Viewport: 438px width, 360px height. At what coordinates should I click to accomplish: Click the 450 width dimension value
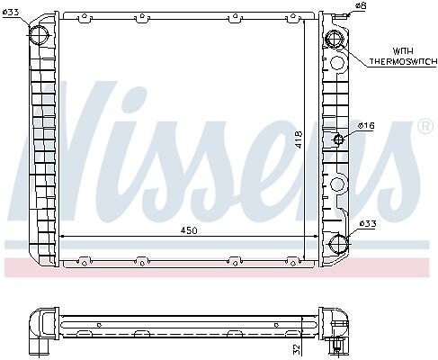pyautogui.click(x=189, y=230)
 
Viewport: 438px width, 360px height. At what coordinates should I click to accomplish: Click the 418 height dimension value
pyautogui.click(x=299, y=140)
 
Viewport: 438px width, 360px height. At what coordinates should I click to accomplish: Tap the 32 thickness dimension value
pyautogui.click(x=296, y=348)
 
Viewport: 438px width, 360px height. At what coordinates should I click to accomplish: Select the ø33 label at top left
pyautogui.click(x=11, y=13)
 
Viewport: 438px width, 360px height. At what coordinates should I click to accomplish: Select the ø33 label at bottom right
pyautogui.click(x=368, y=224)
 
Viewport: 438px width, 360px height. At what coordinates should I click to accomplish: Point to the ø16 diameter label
pyautogui.click(x=366, y=125)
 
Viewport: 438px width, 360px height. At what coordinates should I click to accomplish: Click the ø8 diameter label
pyautogui.click(x=361, y=5)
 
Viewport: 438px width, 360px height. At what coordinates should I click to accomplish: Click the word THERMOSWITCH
pyautogui.click(x=403, y=61)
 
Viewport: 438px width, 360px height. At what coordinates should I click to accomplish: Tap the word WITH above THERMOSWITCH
pyautogui.click(x=403, y=51)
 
